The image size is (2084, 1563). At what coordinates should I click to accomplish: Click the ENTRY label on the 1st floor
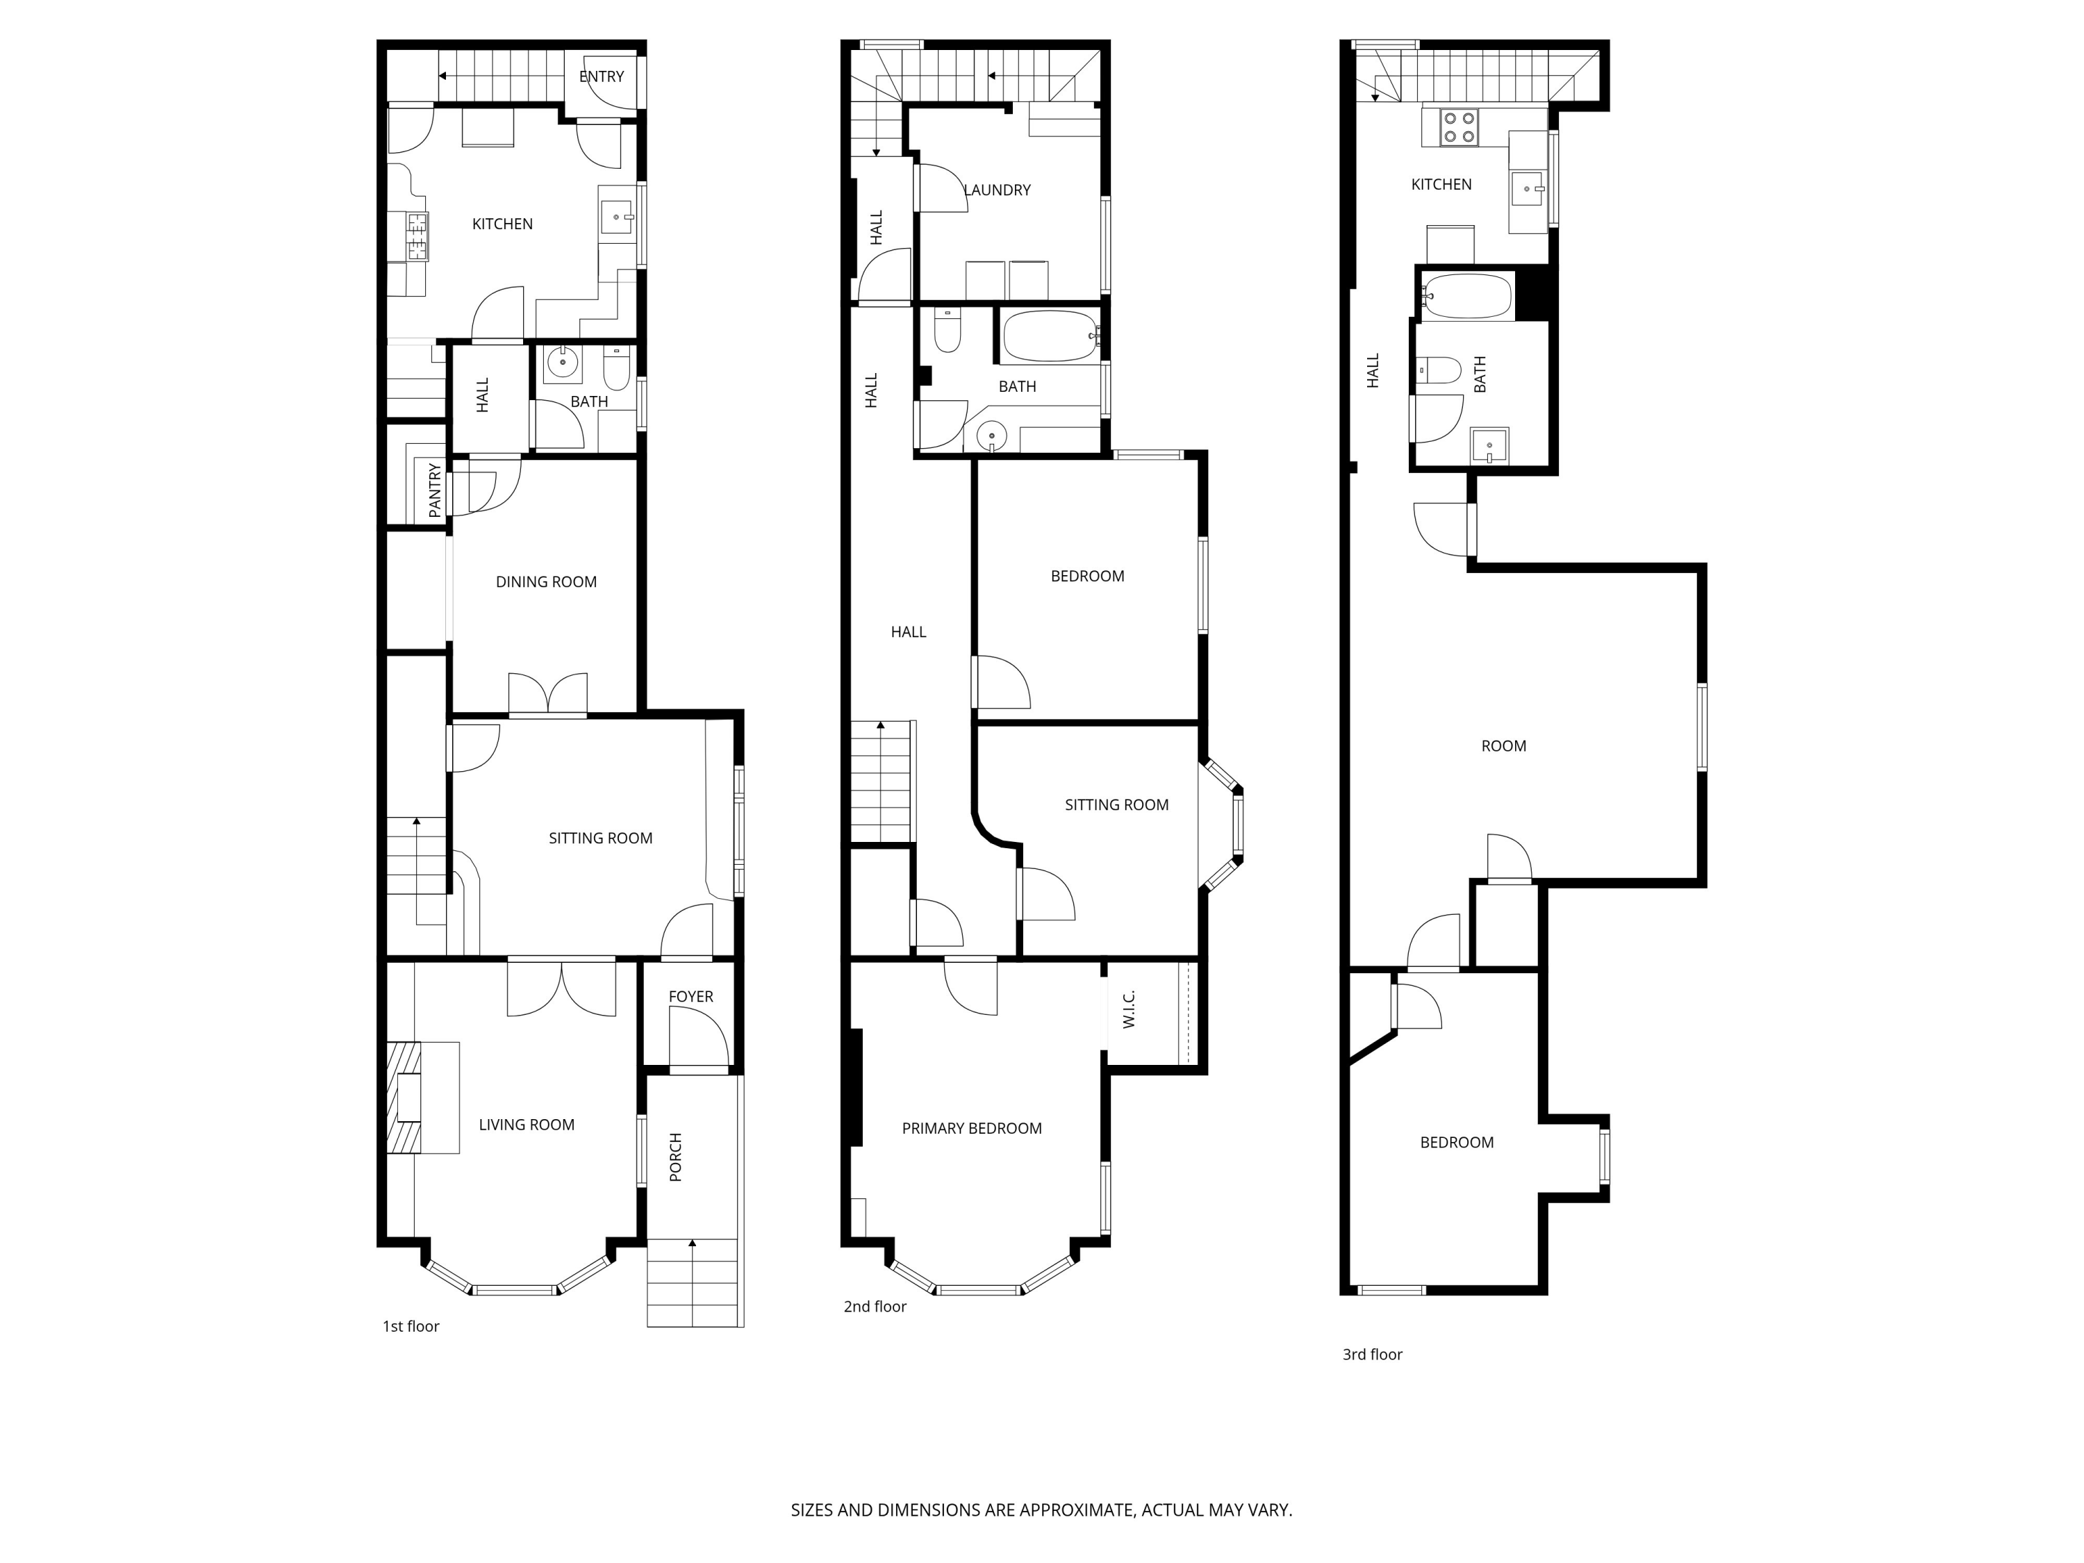(601, 76)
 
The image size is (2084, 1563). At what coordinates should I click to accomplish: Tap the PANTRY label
(434, 490)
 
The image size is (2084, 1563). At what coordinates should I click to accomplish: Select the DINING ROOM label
(547, 582)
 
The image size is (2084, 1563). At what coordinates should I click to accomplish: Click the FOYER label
(690, 997)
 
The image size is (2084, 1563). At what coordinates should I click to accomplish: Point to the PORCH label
(675, 1157)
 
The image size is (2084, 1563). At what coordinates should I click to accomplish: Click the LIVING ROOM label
(527, 1125)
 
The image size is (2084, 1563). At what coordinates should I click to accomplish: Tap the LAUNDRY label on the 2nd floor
(998, 190)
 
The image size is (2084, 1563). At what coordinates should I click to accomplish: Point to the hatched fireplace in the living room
(405, 1098)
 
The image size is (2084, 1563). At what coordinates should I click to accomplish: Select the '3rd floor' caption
(1373, 1355)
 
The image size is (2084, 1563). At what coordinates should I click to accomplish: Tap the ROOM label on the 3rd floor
(1504, 746)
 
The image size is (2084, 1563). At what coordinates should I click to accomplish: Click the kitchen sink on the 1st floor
(617, 217)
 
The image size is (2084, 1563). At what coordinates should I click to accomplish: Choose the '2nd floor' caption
(875, 1307)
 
